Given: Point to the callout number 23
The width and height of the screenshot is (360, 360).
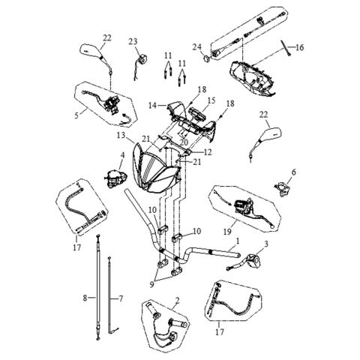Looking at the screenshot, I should (x=133, y=40).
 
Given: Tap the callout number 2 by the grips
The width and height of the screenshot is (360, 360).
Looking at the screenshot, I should (x=177, y=303).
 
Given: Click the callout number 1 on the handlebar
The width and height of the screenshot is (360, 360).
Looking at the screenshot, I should (x=238, y=241).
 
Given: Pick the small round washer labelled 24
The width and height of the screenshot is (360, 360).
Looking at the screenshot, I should (x=207, y=58).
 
